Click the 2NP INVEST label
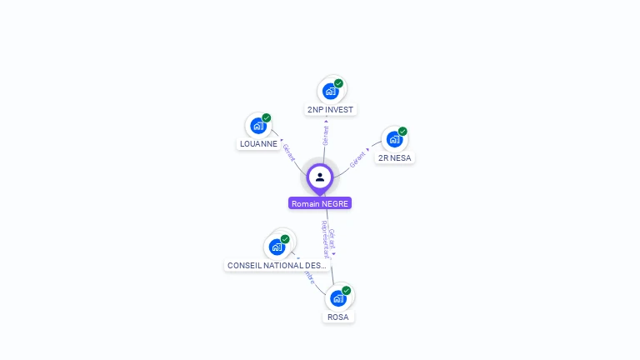pyautogui.click(x=330, y=109)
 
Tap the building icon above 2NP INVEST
pyautogui.click(x=330, y=91)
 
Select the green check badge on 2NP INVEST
pyautogui.click(x=339, y=83)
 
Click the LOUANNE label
pyautogui.click(x=258, y=143)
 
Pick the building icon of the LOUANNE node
pyautogui.click(x=257, y=126)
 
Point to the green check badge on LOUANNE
pyautogui.click(x=267, y=118)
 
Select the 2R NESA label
pyautogui.click(x=394, y=157)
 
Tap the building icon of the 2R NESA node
pyautogui.click(x=393, y=139)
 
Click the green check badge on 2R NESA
pyautogui.click(x=402, y=132)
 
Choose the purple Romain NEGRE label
pyautogui.click(x=320, y=203)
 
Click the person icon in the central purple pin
pyautogui.click(x=320, y=177)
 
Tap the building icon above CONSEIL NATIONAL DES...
pyautogui.click(x=277, y=247)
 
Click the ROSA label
pyautogui.click(x=337, y=317)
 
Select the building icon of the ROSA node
pyautogui.click(x=337, y=298)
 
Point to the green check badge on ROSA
pyautogui.click(x=347, y=291)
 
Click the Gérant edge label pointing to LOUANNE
pyautogui.click(x=288, y=152)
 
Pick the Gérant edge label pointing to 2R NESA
pyautogui.click(x=358, y=158)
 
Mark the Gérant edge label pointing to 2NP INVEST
pyautogui.click(x=325, y=135)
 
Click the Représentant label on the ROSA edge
pyautogui.click(x=324, y=240)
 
